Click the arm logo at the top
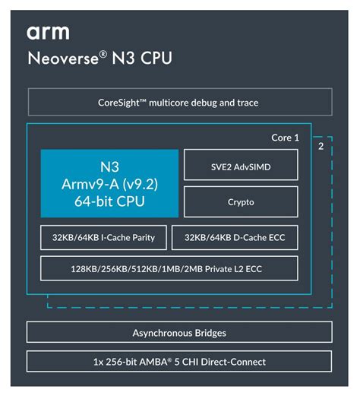[x=48, y=32]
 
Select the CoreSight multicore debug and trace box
[x=180, y=102]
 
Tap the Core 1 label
[x=285, y=138]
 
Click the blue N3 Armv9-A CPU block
[x=109, y=183]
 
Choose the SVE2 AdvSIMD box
[x=240, y=165]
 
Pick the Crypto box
[x=240, y=202]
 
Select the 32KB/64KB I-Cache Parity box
[x=104, y=238]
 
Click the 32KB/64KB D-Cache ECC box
[x=235, y=238]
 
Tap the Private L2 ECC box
[x=169, y=268]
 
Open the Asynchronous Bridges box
[x=180, y=333]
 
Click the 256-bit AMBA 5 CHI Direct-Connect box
[x=180, y=362]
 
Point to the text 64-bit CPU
[x=109, y=202]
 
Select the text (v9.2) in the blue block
[x=141, y=183]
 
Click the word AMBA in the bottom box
[x=167, y=362]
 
